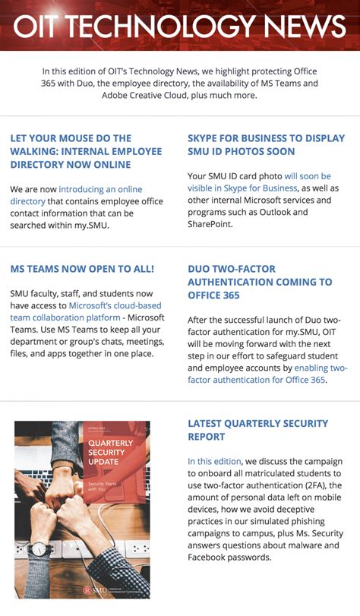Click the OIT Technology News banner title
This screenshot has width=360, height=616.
[x=180, y=27]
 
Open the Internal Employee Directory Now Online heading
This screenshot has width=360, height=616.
[x=86, y=151]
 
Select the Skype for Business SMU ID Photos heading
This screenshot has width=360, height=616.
[x=266, y=144]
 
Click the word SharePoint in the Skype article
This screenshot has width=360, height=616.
[x=212, y=225]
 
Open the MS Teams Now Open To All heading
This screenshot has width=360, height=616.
[x=82, y=269]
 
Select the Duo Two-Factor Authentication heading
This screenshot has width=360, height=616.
[x=260, y=282]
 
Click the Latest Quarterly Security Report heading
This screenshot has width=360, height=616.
[x=258, y=429]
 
